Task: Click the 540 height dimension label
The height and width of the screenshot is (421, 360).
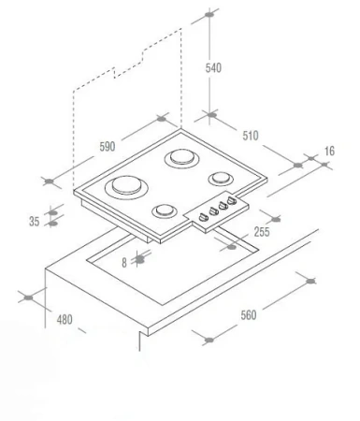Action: (x=213, y=67)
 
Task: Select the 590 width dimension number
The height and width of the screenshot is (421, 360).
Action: (x=108, y=146)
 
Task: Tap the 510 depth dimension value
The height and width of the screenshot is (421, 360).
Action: (x=251, y=136)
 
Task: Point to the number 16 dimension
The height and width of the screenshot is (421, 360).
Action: (x=329, y=151)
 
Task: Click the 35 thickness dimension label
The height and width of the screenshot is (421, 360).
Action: (x=35, y=222)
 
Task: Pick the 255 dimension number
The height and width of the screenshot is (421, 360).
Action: (x=262, y=232)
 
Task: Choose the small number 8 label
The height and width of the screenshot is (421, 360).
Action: (x=124, y=263)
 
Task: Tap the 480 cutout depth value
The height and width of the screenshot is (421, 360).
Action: (x=65, y=319)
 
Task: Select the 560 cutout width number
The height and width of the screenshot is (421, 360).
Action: (x=249, y=315)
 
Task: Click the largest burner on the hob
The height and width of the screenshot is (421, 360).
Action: (x=126, y=187)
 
